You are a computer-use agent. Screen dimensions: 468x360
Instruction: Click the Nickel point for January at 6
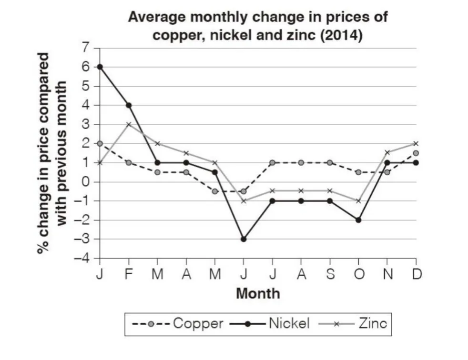100,67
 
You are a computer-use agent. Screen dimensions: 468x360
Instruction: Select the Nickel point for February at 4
129,105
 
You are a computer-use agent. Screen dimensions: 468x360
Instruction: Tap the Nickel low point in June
244,239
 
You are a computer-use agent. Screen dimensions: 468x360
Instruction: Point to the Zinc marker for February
129,124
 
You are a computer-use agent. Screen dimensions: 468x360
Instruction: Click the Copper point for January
100,143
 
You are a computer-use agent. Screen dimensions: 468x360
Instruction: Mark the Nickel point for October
358,220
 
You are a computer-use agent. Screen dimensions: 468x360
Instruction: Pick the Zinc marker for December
416,143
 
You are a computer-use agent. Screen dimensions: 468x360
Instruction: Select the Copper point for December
416,153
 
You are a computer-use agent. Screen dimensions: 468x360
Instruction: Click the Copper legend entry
177,324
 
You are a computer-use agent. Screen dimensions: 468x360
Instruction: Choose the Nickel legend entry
270,324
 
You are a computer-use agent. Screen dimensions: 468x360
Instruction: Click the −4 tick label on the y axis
82,258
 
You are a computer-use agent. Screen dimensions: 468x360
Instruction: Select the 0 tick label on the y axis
85,181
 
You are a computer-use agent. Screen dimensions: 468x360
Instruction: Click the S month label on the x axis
330,274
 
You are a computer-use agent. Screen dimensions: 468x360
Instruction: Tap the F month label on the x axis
129,274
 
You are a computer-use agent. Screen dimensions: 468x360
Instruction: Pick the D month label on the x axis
417,274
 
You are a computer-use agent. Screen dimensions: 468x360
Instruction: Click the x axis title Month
258,293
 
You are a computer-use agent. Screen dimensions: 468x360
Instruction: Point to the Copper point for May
215,191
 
